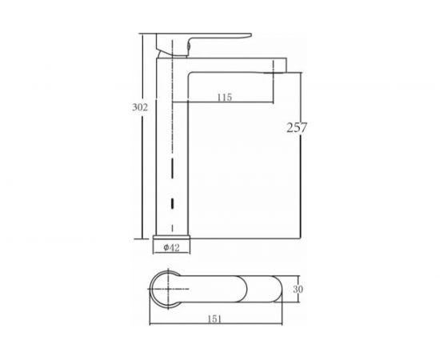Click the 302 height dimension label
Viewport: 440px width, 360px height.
tap(140, 107)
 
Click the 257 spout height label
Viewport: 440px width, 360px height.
tap(297, 128)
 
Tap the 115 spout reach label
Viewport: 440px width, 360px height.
tap(225, 97)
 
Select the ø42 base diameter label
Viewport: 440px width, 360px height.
tap(171, 247)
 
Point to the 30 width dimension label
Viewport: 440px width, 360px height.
tap(298, 289)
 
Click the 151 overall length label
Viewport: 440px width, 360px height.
tap(214, 319)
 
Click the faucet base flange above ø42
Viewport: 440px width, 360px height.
tap(171, 238)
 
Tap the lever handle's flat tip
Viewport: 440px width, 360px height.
tap(248, 34)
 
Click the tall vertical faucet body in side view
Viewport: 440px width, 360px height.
tap(172, 146)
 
